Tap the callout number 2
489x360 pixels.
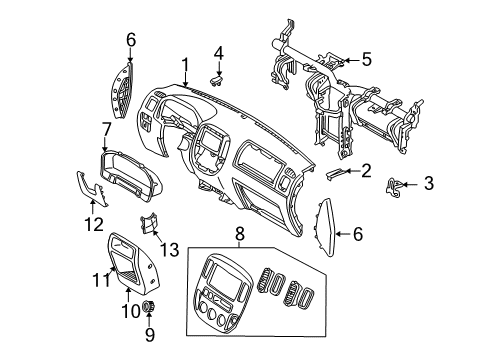coord(366,170)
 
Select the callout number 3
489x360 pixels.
coord(429,182)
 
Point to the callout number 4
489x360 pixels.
coord(218,51)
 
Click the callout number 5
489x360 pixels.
coord(365,59)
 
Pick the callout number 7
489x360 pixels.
coord(107,128)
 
